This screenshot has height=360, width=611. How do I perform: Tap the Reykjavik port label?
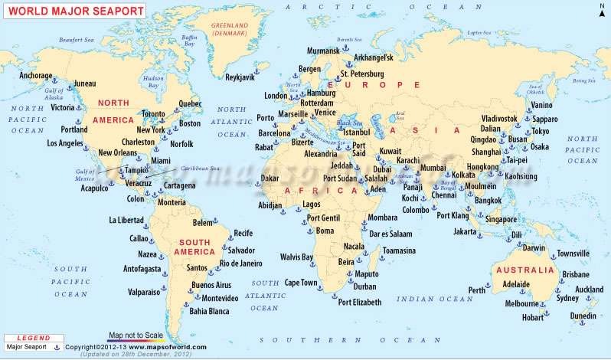tap(243, 77)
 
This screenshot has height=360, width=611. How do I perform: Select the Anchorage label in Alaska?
tap(36, 76)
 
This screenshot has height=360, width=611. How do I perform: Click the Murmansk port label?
tap(322, 51)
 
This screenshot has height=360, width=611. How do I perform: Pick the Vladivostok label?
tap(499, 119)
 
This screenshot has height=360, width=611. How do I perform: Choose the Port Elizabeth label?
tap(360, 303)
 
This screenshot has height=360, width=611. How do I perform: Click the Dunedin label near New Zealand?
tap(583, 316)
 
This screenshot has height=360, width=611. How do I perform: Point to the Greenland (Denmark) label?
tap(232, 30)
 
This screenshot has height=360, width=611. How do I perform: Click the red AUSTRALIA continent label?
tap(524, 270)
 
